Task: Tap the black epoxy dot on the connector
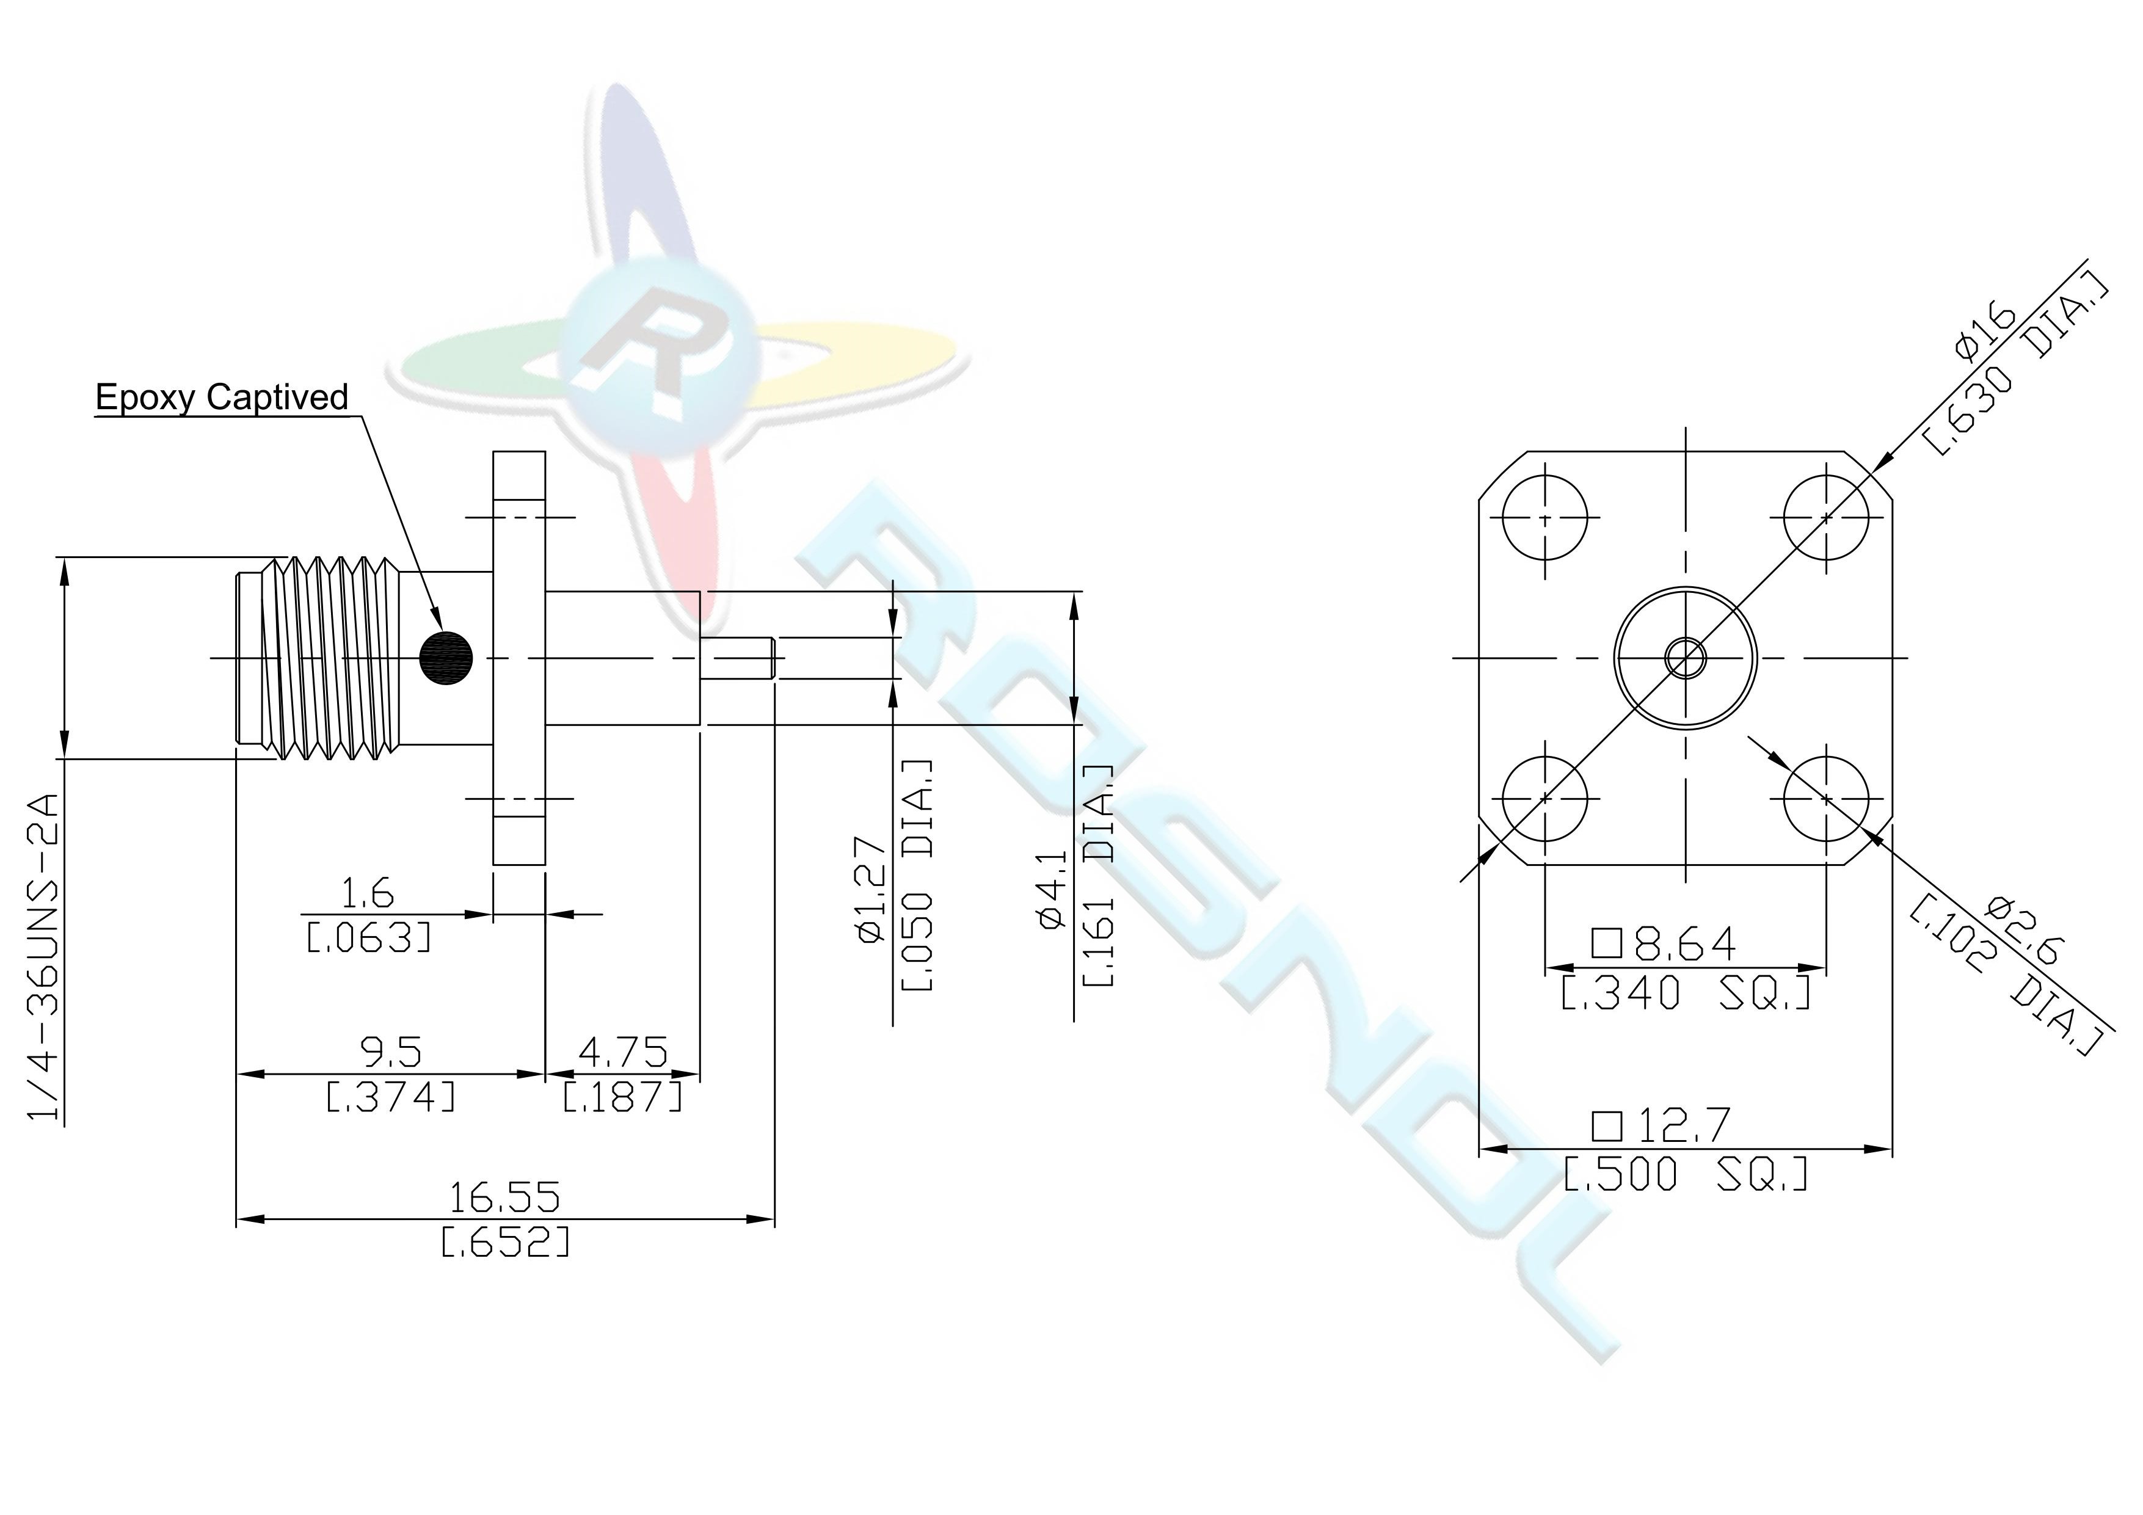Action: (446, 659)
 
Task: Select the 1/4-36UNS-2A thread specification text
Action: (44, 957)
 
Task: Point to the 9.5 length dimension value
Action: (390, 1053)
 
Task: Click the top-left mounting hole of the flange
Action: (1544, 517)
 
